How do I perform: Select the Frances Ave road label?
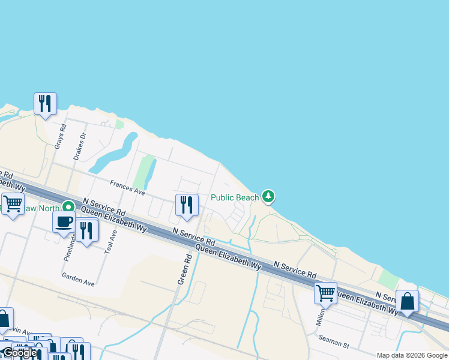[127, 188]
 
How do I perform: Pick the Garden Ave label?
[78, 277]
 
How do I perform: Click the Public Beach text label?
[235, 197]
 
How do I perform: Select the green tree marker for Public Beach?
[268, 196]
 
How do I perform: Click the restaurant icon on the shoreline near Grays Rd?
[45, 104]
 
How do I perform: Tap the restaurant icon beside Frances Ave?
[187, 205]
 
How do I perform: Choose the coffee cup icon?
[64, 221]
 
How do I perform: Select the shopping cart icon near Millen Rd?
[325, 293]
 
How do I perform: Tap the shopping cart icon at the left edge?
[12, 203]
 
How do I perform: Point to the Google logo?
[20, 353]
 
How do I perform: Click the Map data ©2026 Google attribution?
[412, 355]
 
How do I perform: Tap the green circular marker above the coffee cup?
[69, 206]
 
